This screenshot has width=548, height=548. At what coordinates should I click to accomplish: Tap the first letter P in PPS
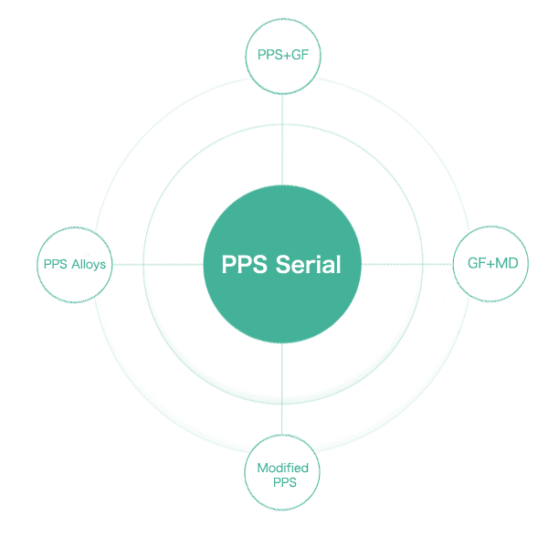(227, 265)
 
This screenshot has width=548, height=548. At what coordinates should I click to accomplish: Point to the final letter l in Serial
(338, 265)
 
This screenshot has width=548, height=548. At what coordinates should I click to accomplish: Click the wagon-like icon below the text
(282, 473)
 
